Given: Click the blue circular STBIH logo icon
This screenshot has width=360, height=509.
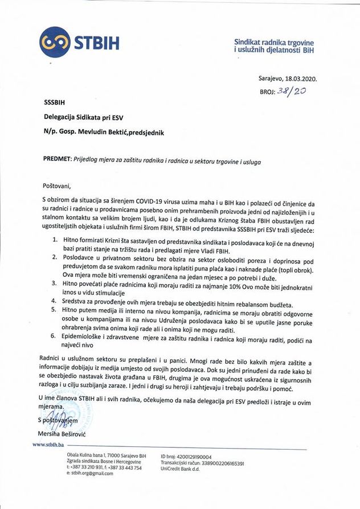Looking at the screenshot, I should pos(54,43).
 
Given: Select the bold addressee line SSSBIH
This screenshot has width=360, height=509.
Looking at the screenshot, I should pos(55,103).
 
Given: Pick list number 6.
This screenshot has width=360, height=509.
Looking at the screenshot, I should pos(55,337).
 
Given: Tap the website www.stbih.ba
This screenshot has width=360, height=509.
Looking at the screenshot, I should pos(48,444).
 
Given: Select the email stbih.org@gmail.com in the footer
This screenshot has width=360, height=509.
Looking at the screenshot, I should pos(90,473).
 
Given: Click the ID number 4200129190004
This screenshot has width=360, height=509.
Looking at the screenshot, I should pos(194,457).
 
